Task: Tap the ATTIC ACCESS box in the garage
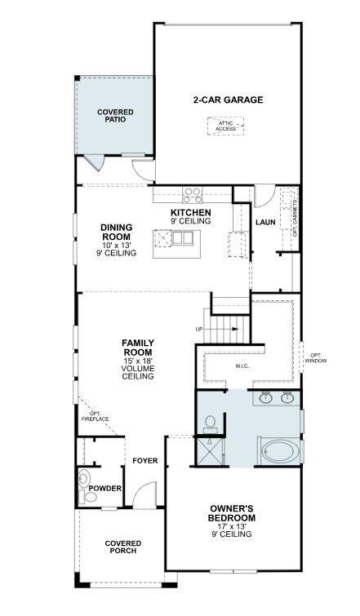(x=224, y=125)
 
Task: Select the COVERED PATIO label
(x=115, y=115)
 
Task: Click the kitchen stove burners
(x=193, y=195)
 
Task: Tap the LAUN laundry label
(x=264, y=221)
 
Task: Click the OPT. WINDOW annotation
(x=316, y=357)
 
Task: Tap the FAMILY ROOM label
(x=138, y=348)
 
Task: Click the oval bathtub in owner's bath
(x=279, y=450)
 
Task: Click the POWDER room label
(x=104, y=489)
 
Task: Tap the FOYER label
(x=145, y=461)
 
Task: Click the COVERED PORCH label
(x=122, y=547)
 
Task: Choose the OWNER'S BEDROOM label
(x=232, y=513)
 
